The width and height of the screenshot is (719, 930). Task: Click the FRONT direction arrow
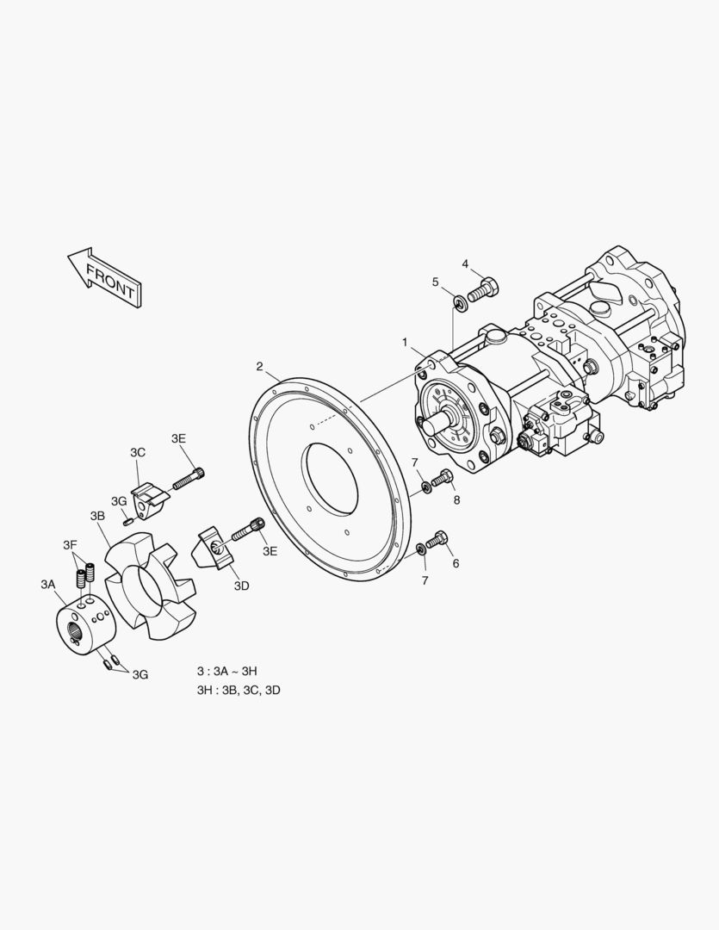click(105, 277)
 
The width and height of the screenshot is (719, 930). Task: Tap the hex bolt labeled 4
click(483, 288)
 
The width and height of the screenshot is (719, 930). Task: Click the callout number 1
click(406, 342)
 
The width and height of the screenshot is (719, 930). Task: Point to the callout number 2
click(259, 366)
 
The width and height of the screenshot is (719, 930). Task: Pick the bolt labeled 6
click(437, 540)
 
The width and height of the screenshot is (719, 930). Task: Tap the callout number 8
click(456, 500)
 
